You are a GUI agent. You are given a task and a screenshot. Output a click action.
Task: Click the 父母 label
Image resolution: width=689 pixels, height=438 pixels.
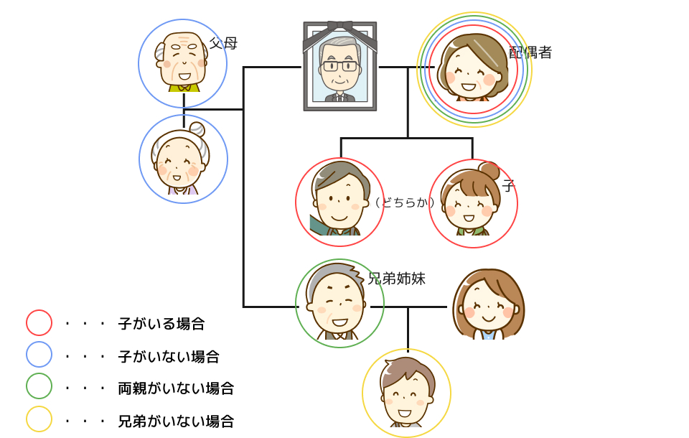pyautogui.click(x=223, y=43)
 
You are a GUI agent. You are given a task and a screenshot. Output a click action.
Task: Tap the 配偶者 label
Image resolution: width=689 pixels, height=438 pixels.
pyautogui.click(x=530, y=52)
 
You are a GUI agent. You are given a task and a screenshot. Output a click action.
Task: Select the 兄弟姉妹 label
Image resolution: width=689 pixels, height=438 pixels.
pyautogui.click(x=396, y=279)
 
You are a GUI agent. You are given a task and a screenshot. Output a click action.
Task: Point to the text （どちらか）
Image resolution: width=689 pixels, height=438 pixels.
pyautogui.click(x=405, y=202)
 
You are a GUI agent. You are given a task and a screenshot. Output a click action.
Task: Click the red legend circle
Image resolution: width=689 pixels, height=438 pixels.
pyautogui.click(x=39, y=323)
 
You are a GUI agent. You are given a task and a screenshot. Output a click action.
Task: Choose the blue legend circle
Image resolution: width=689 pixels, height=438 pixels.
pyautogui.click(x=39, y=355)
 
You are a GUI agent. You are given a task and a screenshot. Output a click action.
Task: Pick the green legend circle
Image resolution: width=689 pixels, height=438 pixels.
pyautogui.click(x=39, y=386)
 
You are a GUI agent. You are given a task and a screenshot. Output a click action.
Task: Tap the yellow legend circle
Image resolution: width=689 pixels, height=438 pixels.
pyautogui.click(x=39, y=419)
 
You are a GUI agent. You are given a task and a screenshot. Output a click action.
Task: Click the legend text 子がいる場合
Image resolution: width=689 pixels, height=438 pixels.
pyautogui.click(x=161, y=324)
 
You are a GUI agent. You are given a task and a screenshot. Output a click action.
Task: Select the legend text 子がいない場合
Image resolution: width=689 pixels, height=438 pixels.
pyautogui.click(x=169, y=357)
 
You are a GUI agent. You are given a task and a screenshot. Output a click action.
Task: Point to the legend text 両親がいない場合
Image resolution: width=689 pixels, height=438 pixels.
pyautogui.click(x=176, y=388)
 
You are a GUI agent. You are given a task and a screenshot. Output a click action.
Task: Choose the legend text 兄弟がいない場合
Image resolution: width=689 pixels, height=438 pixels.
pyautogui.click(x=176, y=421)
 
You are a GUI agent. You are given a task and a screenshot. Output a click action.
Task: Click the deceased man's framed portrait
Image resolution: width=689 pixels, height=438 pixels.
pyautogui.click(x=339, y=66)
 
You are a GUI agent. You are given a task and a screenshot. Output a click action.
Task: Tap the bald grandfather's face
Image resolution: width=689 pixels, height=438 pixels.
pyautogui.click(x=182, y=60)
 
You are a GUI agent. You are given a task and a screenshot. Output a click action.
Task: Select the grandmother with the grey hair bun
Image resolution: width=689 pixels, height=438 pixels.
pyautogui.click(x=181, y=159)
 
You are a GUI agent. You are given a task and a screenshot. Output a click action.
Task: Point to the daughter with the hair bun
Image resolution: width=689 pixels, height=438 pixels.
pyautogui.click(x=470, y=201)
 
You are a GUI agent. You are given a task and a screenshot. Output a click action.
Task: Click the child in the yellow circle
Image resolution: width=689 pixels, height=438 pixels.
pyautogui.click(x=406, y=392)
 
